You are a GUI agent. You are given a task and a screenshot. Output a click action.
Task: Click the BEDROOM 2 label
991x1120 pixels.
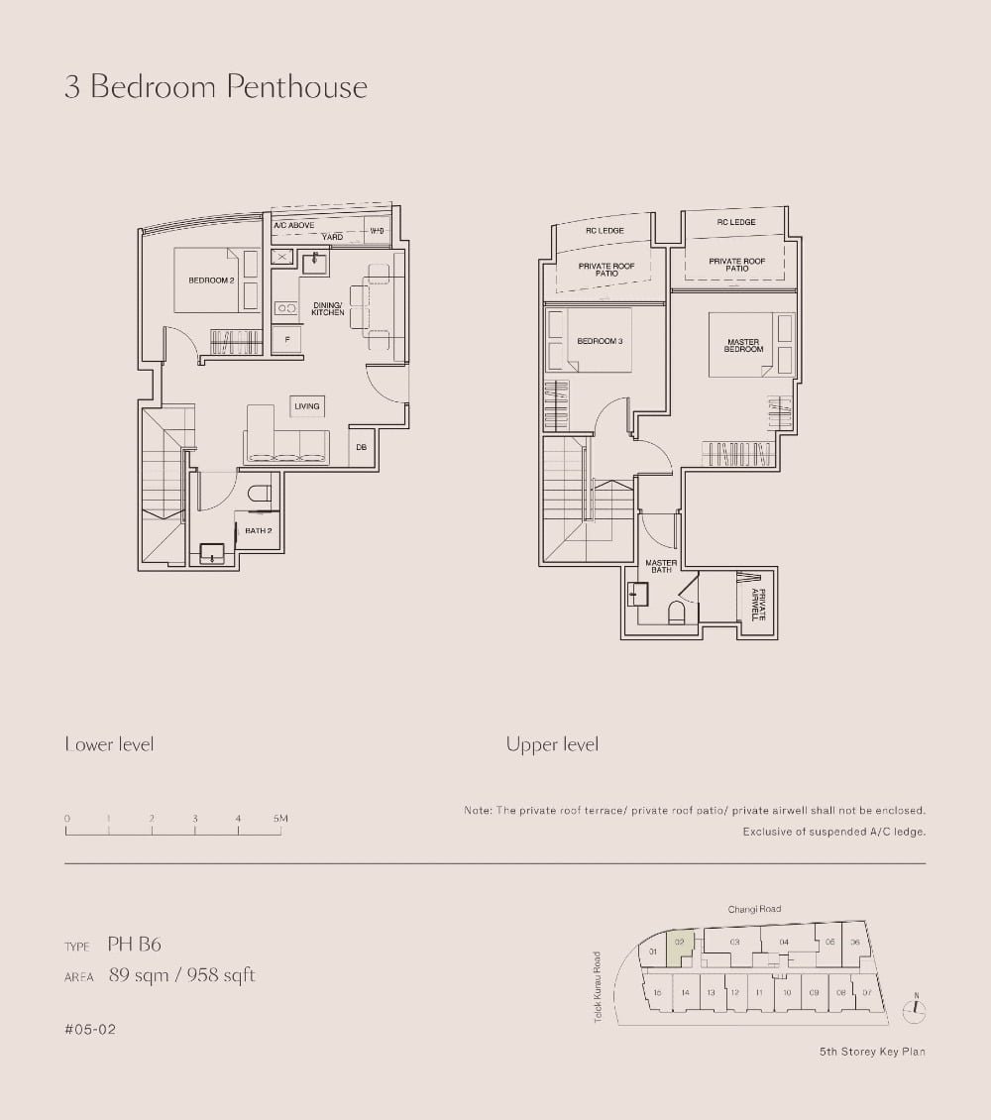[211, 280]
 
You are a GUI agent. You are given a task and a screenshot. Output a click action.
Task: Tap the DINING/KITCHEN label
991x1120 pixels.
[327, 309]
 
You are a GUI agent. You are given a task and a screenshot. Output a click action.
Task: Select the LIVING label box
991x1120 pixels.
[307, 406]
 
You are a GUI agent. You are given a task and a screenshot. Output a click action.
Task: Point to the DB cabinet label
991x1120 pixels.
[362, 447]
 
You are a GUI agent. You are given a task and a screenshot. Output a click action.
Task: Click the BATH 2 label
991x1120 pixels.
[259, 531]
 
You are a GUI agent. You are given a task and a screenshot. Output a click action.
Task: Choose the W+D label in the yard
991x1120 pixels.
[377, 232]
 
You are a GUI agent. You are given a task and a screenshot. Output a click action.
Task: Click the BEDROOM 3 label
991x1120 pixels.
[600, 341]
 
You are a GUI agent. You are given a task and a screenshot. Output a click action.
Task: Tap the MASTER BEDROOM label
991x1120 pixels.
[743, 346]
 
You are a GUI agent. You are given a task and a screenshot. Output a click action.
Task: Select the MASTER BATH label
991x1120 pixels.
[661, 566]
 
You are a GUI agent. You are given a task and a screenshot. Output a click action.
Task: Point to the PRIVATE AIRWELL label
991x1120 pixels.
[757, 604]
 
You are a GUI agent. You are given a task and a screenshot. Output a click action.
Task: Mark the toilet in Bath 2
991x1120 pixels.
[260, 493]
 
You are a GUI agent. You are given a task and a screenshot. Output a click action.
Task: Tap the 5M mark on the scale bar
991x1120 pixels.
[280, 819]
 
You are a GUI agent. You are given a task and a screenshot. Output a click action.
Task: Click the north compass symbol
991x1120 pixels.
[917, 1009]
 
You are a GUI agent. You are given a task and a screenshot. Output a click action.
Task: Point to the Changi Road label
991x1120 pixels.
[754, 909]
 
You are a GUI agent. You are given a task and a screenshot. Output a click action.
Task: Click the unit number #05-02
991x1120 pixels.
[90, 1030]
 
